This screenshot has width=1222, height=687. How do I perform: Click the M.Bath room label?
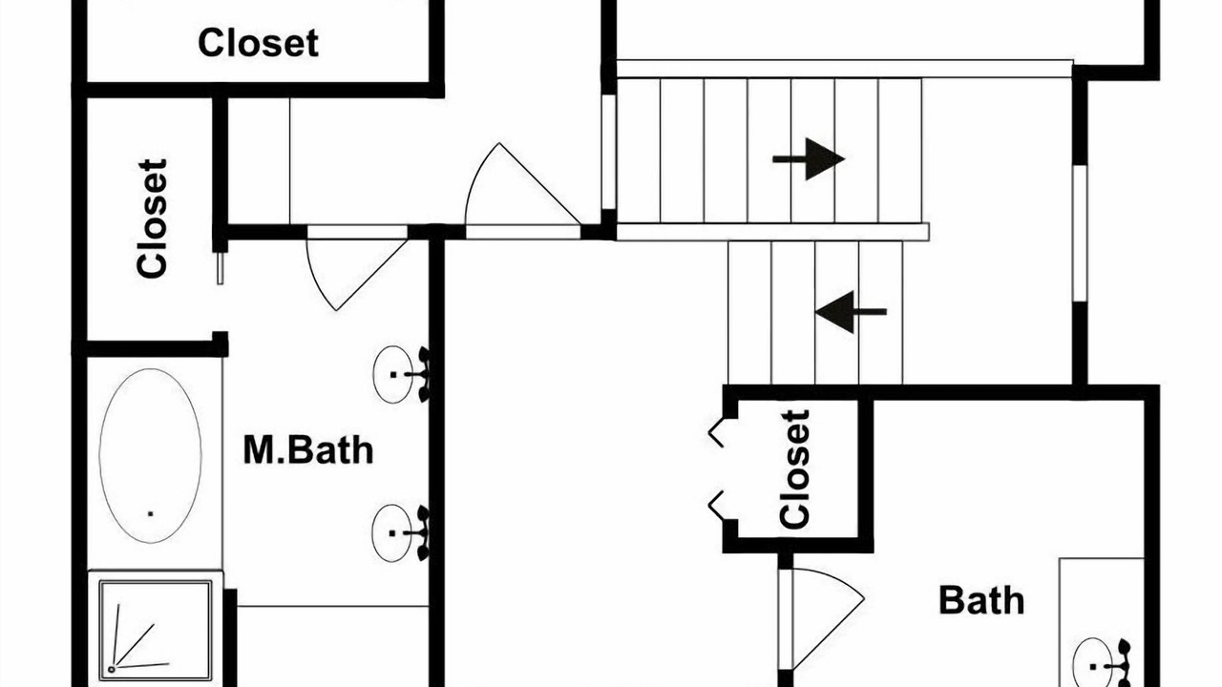[x=308, y=450]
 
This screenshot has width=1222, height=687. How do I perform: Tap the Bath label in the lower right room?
[x=981, y=600]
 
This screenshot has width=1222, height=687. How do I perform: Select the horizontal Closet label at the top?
[x=258, y=43]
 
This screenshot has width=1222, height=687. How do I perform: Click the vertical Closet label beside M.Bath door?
[x=152, y=219]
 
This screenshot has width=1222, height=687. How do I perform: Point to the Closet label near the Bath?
[x=794, y=469]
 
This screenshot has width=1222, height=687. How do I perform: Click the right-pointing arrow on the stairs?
[x=809, y=159]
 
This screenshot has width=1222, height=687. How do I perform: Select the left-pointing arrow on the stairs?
[x=851, y=312]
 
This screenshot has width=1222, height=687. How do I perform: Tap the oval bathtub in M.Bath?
[x=150, y=455]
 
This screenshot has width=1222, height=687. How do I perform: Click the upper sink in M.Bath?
[x=402, y=375]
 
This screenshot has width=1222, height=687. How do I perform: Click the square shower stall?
[x=156, y=630]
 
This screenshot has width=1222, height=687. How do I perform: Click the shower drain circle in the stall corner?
[x=112, y=669]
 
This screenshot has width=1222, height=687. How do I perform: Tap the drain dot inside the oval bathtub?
[x=151, y=513]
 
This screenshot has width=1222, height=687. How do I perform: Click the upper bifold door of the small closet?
[x=716, y=432]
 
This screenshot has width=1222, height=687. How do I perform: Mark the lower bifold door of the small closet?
[x=716, y=505]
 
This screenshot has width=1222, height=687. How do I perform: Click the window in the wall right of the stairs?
[x=1080, y=234]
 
